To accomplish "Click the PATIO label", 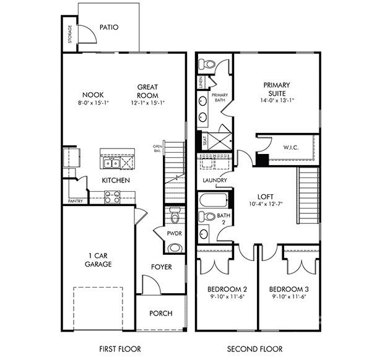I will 108,27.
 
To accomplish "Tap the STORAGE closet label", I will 69,35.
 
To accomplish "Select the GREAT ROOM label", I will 147,91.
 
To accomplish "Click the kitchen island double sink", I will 111,163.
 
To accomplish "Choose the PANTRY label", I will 75,201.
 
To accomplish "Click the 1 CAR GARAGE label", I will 98,259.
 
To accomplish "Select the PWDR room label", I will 174,233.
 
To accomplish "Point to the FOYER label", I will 162,267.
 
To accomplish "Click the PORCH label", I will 161,313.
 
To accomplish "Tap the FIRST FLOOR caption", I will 120,349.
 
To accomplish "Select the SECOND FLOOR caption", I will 254,349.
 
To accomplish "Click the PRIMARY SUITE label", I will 277,88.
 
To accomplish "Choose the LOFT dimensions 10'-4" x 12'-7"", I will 266,205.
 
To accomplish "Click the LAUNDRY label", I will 215,181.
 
